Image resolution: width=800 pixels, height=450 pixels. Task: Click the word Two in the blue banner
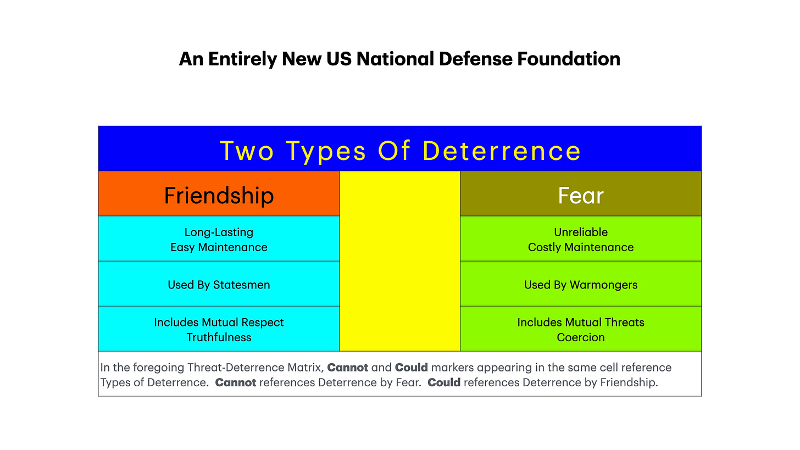coord(247,151)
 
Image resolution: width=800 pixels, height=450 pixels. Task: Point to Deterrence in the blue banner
coord(501,151)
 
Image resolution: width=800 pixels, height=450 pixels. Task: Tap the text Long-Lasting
coord(219,232)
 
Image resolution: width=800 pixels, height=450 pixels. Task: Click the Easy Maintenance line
coord(219,247)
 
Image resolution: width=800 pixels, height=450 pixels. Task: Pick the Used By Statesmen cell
coord(219,285)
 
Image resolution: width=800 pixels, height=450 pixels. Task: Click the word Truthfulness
coord(219,337)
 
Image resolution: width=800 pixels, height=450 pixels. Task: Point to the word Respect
coord(262,323)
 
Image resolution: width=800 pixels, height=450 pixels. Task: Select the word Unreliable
coord(580,232)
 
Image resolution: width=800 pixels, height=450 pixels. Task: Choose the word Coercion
coord(580,337)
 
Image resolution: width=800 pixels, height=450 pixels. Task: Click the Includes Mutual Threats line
coord(580,323)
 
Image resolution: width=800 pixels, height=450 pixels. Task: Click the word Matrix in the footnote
coord(307,367)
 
